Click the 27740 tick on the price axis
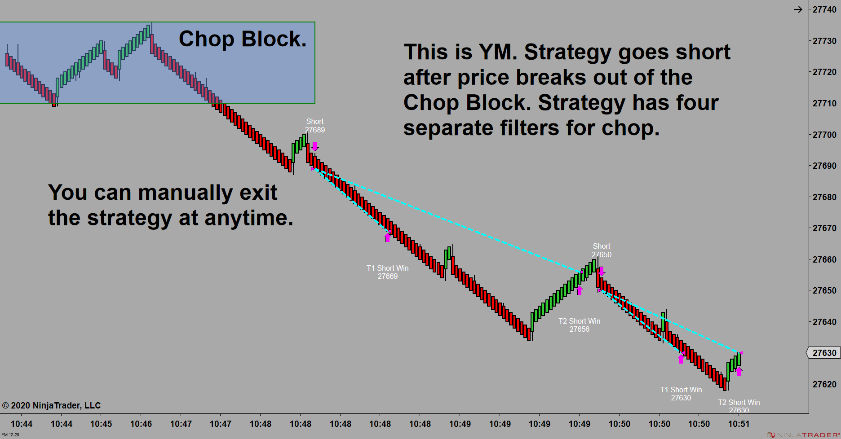[824, 10]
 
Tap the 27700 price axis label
[824, 135]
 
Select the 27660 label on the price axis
[824, 259]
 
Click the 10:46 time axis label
[141, 424]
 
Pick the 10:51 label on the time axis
[739, 424]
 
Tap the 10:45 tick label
[101, 424]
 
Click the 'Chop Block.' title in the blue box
[243, 39]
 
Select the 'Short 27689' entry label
[315, 126]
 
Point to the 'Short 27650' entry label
[602, 250]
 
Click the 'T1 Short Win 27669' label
[388, 272]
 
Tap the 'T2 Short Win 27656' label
[580, 325]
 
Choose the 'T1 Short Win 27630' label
[681, 394]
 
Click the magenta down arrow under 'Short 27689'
[315, 147]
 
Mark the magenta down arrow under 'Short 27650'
[602, 272]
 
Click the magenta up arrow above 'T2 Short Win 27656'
[580, 290]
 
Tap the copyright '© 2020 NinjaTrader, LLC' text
[51, 406]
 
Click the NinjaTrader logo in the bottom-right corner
[803, 435]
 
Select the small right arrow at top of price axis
[798, 9]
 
